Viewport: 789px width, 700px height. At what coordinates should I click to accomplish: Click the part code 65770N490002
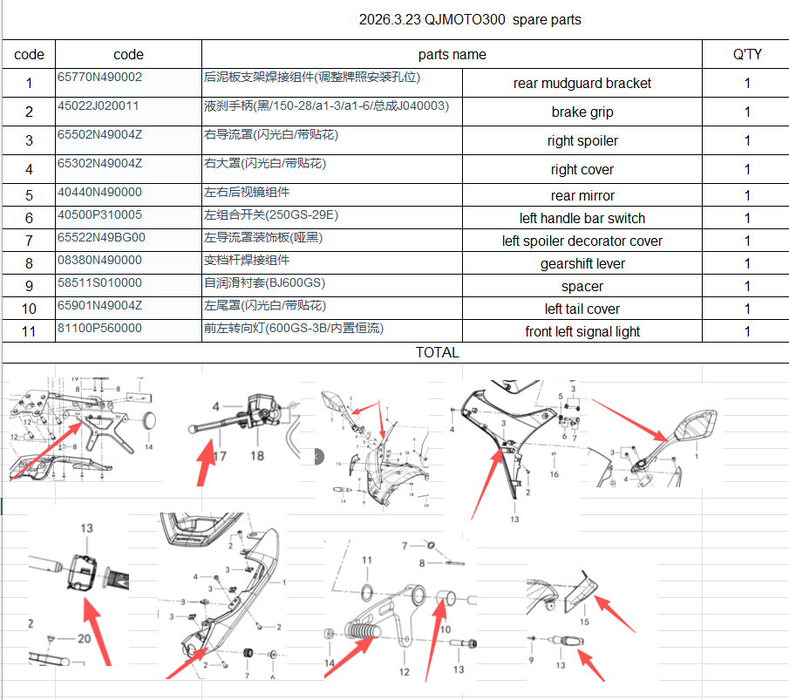pyautogui.click(x=99, y=77)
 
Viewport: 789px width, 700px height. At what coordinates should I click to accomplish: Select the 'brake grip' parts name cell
pyautogui.click(x=582, y=112)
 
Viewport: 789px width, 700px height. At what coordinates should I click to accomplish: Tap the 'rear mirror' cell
pyautogui.click(x=582, y=195)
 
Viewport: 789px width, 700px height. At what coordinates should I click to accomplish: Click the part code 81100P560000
pyautogui.click(x=99, y=328)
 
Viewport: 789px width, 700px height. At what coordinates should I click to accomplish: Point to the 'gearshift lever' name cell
pyautogui.click(x=582, y=263)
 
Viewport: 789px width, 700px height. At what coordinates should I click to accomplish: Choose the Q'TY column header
pyautogui.click(x=746, y=54)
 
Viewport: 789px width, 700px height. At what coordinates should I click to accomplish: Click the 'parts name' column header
pyautogui.click(x=452, y=54)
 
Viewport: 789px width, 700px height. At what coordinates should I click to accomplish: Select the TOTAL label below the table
pyautogui.click(x=437, y=352)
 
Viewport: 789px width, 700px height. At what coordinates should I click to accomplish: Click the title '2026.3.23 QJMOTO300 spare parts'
pyautogui.click(x=470, y=19)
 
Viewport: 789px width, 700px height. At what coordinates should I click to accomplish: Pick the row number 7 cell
pyautogui.click(x=29, y=241)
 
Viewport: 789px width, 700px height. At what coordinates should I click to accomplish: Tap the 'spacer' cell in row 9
pyautogui.click(x=582, y=286)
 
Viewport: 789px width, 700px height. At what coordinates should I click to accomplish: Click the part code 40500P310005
pyautogui.click(x=99, y=214)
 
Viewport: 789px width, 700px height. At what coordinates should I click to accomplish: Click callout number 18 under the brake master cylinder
pyautogui.click(x=257, y=454)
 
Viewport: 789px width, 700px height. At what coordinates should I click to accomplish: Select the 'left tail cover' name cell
pyautogui.click(x=582, y=309)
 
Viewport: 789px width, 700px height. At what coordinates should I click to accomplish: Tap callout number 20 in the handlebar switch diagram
pyautogui.click(x=84, y=638)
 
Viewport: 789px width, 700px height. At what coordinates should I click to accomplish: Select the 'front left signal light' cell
pyautogui.click(x=582, y=331)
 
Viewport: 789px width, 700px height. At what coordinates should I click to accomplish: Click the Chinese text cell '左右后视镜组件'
pyautogui.click(x=247, y=192)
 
